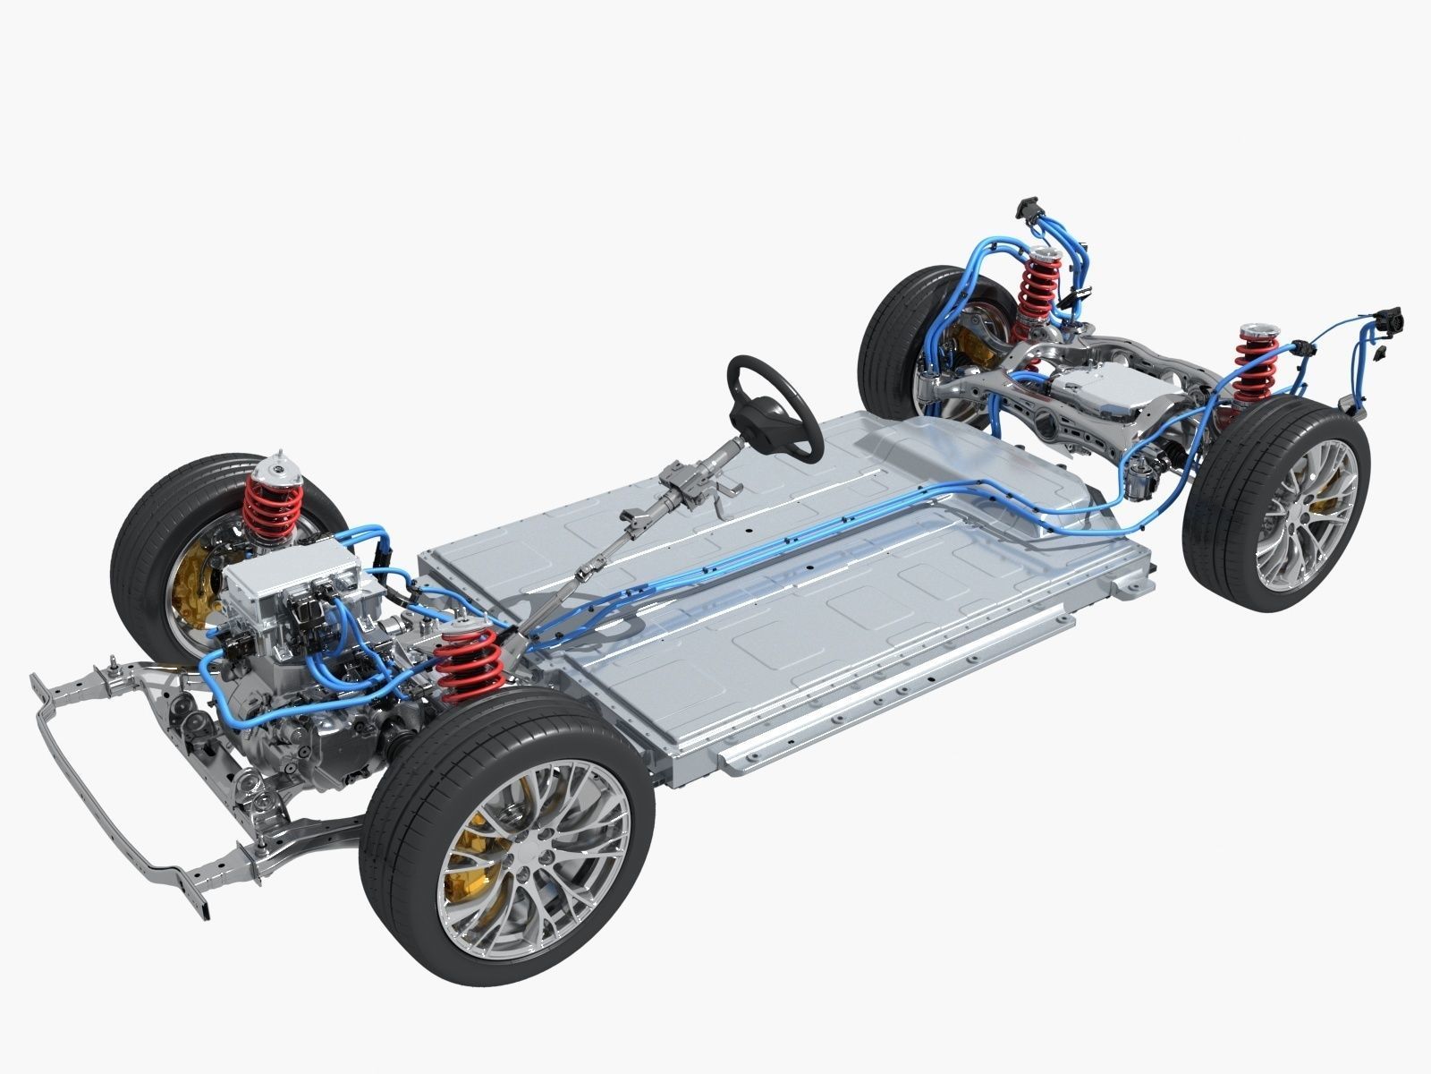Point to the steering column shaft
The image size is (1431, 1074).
coord(626,537)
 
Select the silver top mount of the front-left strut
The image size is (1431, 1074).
coord(277,470)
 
